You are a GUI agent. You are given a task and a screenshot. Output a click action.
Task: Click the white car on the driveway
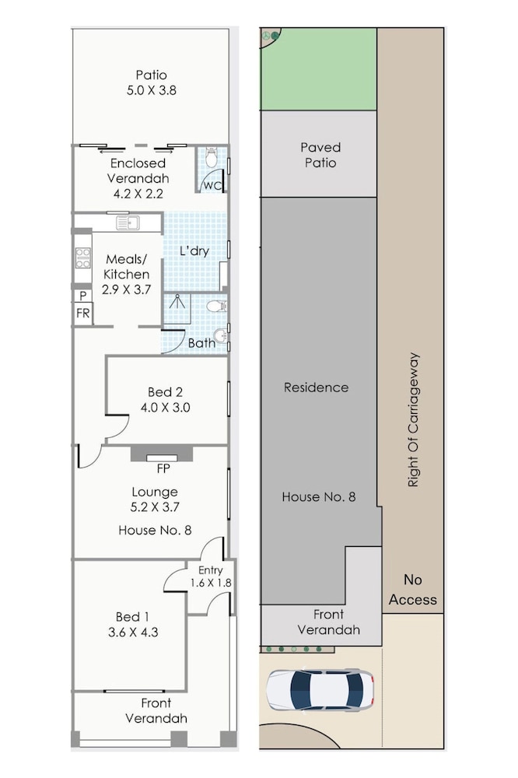click(x=320, y=690)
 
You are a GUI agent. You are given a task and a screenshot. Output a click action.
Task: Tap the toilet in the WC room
click(x=212, y=157)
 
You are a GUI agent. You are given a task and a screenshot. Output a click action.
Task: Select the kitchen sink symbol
click(x=128, y=223)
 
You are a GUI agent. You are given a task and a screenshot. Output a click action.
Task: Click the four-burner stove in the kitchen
click(x=83, y=258)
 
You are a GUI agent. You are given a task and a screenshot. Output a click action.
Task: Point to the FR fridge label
click(x=83, y=313)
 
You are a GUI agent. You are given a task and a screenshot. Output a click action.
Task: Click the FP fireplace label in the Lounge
click(x=163, y=468)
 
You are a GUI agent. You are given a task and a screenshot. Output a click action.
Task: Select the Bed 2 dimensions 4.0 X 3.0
click(x=165, y=408)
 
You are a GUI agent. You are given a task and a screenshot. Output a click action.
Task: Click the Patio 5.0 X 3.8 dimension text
click(x=152, y=90)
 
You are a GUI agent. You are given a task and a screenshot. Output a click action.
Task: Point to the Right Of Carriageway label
click(x=413, y=420)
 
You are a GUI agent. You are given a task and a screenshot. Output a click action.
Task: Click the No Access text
click(x=413, y=590)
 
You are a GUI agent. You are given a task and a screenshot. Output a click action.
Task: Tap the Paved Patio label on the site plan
click(x=320, y=155)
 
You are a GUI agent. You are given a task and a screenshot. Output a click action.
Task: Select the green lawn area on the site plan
click(x=319, y=69)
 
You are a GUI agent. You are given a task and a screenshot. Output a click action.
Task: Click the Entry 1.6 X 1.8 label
click(x=211, y=576)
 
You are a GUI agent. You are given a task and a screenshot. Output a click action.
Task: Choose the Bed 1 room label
click(x=132, y=617)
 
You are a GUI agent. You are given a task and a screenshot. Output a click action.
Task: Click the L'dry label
click(x=194, y=251)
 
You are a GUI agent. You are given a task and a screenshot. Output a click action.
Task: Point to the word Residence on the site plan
click(x=316, y=387)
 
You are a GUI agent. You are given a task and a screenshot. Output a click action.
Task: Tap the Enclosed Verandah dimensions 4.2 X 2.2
click(x=138, y=194)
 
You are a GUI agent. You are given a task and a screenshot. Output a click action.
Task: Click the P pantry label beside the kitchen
click(x=83, y=296)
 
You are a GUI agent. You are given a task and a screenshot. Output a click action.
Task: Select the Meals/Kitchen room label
click(x=127, y=266)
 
